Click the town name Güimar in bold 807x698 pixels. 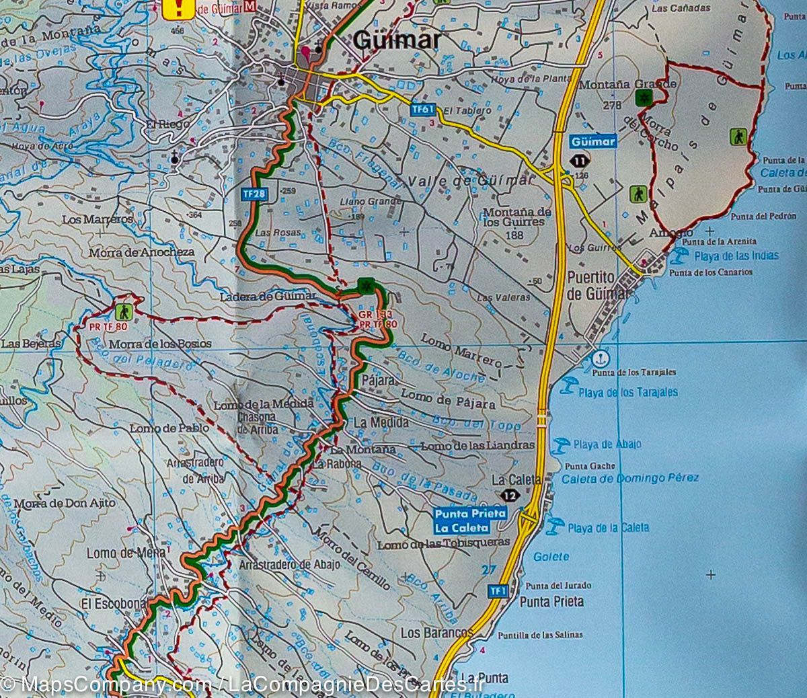[397, 41]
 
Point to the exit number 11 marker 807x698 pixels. [580, 160]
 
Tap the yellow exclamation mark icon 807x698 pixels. [179, 8]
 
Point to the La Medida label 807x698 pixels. [381, 422]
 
